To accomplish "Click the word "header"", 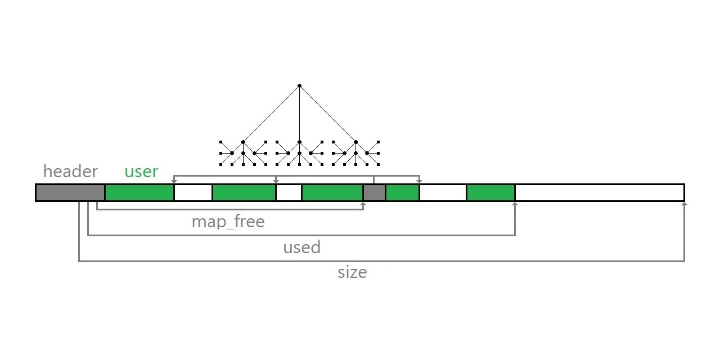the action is coord(70,170).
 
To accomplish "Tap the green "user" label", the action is coord(141,172).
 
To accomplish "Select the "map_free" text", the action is coord(228,222).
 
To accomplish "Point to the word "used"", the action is coord(302,247).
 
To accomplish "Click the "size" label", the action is coord(352,272).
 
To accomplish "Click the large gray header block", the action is coord(70,192).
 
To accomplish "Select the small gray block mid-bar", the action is coord(375,192).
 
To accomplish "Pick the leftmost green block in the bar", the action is coord(139,192).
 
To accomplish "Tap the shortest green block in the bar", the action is coord(403,192).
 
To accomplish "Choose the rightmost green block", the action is coord(491,192).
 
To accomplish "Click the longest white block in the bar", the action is coord(600,192).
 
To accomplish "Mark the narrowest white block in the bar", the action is coord(289,192).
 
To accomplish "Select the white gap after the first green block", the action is coord(193,192).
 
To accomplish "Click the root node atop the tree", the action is coord(300,86).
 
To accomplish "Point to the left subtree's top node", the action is coord(244,142).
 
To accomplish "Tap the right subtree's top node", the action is coord(356,142).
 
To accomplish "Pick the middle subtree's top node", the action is coord(300,142).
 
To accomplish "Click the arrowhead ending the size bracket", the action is coord(685,204).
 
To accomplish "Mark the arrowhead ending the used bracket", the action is coord(515,204).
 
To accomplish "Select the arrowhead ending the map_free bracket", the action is coord(363,204).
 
